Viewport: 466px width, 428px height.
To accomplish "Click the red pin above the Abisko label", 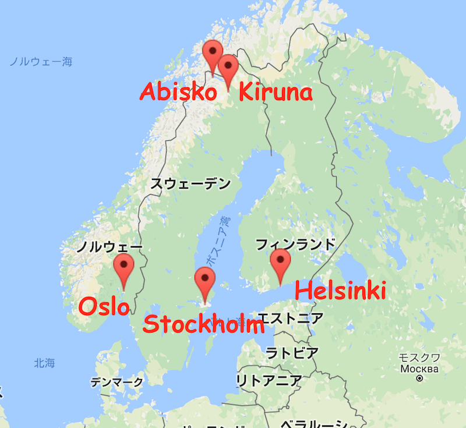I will coord(213,54).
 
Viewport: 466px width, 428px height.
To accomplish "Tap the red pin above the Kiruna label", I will coord(227,68).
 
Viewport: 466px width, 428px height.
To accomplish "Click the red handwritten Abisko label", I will coord(179,92).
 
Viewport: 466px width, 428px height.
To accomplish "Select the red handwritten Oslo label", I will coord(104,306).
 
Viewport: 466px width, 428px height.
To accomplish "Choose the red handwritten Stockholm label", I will coord(203,324).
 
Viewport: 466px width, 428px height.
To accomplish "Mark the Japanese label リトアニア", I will coord(269,381).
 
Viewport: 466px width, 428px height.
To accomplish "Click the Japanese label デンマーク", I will coord(116,383).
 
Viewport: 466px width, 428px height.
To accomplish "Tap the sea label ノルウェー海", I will coord(41,61).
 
